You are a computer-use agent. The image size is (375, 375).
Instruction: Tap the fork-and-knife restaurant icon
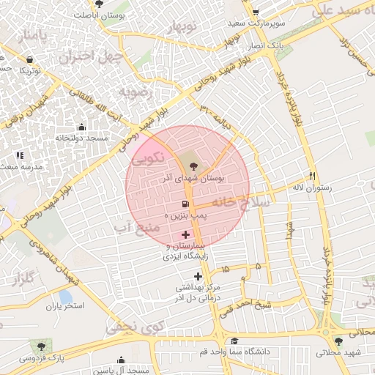(313, 176)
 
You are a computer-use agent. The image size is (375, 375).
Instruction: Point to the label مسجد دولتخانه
(81, 138)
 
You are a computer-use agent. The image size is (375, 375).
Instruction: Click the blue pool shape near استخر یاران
(66, 297)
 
